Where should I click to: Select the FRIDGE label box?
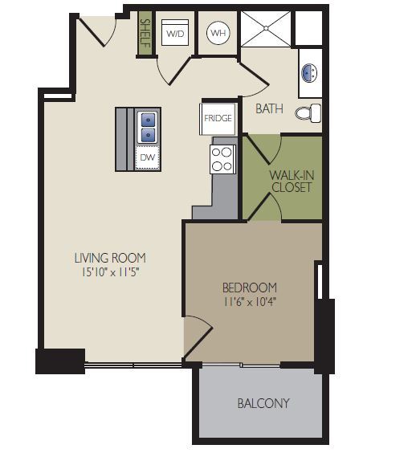coord(218,118)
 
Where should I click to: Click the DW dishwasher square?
coord(147,157)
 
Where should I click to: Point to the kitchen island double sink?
coord(149,125)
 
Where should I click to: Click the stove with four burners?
coord(222,159)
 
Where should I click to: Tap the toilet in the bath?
coord(308,112)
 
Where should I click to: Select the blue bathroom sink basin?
coord(309,73)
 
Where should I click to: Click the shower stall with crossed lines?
coord(265,29)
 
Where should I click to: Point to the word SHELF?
coord(145,34)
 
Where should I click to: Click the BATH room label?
coord(269,108)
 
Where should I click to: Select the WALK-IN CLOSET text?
coord(291,181)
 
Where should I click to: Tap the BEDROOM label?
coord(250,288)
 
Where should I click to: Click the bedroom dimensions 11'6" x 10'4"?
coord(250,303)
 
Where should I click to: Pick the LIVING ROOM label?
coord(110,258)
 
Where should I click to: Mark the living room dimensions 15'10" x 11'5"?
coord(110,272)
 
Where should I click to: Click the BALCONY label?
coord(263,403)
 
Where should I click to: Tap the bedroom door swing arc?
coord(199,331)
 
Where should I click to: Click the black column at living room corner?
coord(60,361)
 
